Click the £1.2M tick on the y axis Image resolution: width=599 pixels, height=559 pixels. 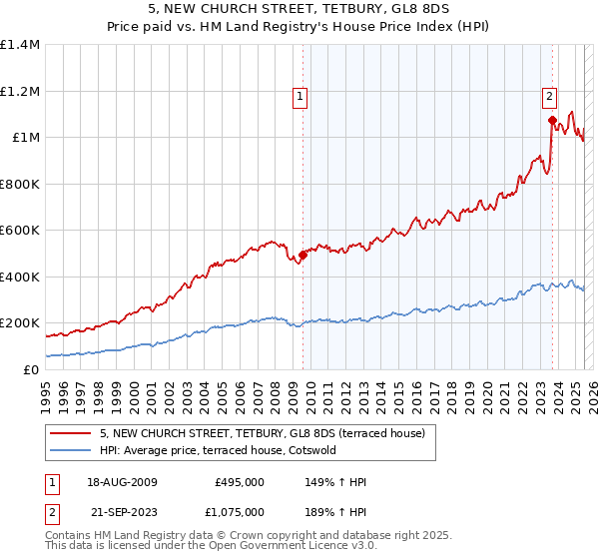(x=20, y=91)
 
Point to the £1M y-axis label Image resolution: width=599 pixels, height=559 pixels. (x=25, y=137)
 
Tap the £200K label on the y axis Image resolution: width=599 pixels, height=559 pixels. (x=20, y=323)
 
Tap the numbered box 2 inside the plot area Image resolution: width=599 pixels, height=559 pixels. (x=549, y=97)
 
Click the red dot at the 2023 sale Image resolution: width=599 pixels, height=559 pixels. (x=551, y=120)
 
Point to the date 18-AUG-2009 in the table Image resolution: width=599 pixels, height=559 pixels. (x=123, y=482)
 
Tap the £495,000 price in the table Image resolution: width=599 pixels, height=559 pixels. (x=240, y=482)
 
